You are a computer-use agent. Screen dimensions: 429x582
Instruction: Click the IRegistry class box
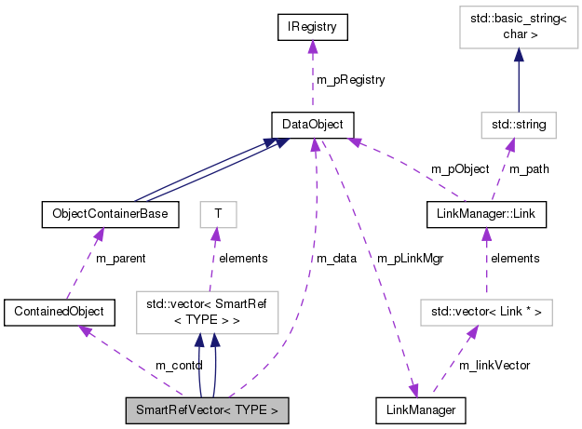tap(312, 28)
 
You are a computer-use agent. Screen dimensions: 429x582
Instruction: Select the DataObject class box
tap(312, 123)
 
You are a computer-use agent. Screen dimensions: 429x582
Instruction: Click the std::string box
tap(519, 123)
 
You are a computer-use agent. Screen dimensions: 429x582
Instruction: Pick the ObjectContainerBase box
tap(110, 214)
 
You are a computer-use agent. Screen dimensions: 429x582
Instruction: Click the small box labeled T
tap(218, 214)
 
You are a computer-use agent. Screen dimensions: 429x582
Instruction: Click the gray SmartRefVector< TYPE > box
tap(207, 409)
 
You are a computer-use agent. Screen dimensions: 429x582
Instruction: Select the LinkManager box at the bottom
tap(419, 409)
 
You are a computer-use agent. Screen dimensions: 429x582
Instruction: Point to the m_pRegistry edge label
tap(351, 80)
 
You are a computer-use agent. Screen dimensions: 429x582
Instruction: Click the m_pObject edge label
tap(459, 168)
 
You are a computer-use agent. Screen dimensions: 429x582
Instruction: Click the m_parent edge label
tap(120, 258)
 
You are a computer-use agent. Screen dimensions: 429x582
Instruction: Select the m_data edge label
tap(336, 258)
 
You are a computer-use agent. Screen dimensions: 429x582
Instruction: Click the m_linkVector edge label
tap(495, 366)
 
